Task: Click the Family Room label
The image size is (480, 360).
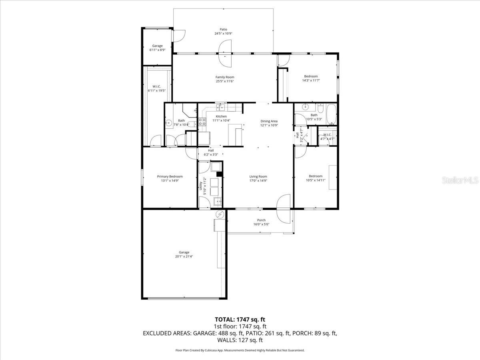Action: pos(224,77)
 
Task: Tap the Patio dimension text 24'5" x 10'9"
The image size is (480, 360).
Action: pos(223,34)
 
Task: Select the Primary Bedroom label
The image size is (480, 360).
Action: pos(170,176)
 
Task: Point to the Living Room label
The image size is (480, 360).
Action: pos(258,176)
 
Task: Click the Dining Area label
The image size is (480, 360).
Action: pos(269,121)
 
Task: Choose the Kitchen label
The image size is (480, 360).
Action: pos(221,116)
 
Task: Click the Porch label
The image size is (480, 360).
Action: pos(261,220)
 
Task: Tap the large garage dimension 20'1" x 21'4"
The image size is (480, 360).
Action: pos(184,256)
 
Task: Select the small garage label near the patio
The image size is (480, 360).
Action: pos(157,46)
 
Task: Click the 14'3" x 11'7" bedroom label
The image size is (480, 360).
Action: pos(311,76)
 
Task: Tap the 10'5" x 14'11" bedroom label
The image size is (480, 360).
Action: pos(315,176)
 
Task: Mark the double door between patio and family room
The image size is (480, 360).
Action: pos(225,53)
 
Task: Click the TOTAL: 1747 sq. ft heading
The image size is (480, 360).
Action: pos(240,319)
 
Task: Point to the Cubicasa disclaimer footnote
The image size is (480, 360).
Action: pos(240,350)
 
